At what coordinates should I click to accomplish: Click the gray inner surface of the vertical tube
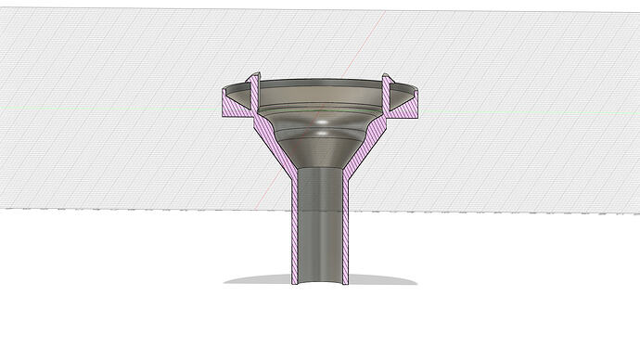tap(319, 223)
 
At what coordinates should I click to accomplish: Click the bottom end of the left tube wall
tap(293, 280)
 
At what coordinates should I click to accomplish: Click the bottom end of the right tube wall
tap(345, 280)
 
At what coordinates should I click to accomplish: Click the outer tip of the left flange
tap(223, 95)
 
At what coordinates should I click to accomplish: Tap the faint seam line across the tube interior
tap(319, 210)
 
